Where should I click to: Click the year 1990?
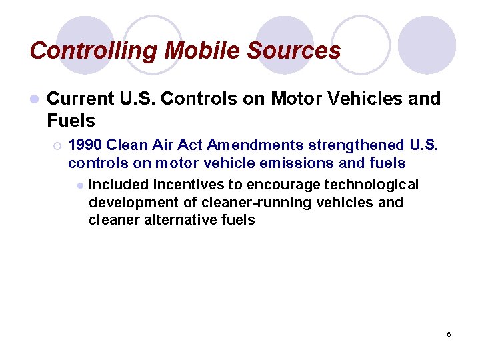point(85,145)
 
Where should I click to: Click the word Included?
point(118,184)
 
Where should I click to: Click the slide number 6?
point(449,333)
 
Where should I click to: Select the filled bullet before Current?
point(34,99)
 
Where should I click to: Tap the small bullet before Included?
point(79,185)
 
